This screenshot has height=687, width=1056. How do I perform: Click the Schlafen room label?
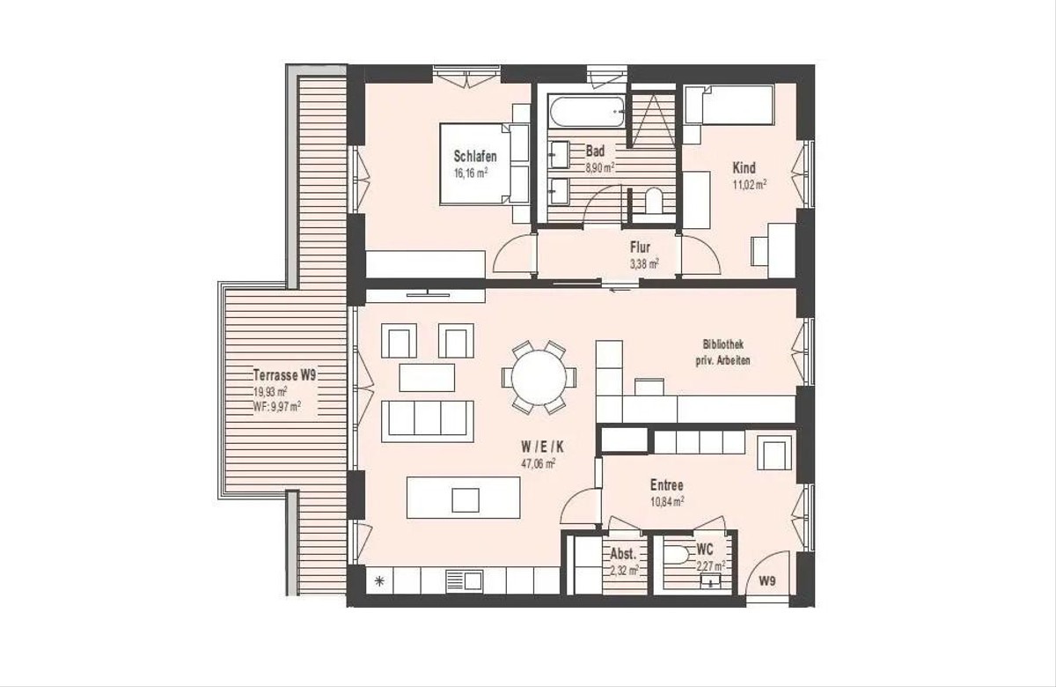click(x=475, y=156)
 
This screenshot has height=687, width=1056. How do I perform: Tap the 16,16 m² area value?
click(x=471, y=173)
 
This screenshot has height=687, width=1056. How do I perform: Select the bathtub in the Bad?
click(x=586, y=111)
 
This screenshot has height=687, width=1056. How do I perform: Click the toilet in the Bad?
click(x=654, y=201)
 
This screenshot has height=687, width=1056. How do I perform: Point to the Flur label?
click(x=641, y=247)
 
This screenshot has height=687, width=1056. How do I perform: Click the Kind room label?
click(x=744, y=167)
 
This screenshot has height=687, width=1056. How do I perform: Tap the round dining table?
click(x=539, y=378)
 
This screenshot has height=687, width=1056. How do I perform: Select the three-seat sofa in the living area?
click(x=427, y=421)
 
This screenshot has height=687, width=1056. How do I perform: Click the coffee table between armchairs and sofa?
click(x=427, y=378)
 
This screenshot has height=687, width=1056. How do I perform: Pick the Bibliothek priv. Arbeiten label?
click(x=723, y=353)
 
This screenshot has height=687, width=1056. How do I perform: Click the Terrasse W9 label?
click(x=284, y=375)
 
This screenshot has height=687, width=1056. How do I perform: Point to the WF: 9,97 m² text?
click(x=277, y=406)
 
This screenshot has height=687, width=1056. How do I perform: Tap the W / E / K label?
click(x=542, y=447)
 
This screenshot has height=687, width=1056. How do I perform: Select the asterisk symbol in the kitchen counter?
click(x=378, y=581)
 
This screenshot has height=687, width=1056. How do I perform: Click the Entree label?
click(x=667, y=485)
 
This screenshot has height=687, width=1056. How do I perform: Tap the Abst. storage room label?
click(x=623, y=553)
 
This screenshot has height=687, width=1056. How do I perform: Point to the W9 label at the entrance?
click(x=767, y=582)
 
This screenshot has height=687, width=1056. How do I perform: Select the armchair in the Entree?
click(x=774, y=453)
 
